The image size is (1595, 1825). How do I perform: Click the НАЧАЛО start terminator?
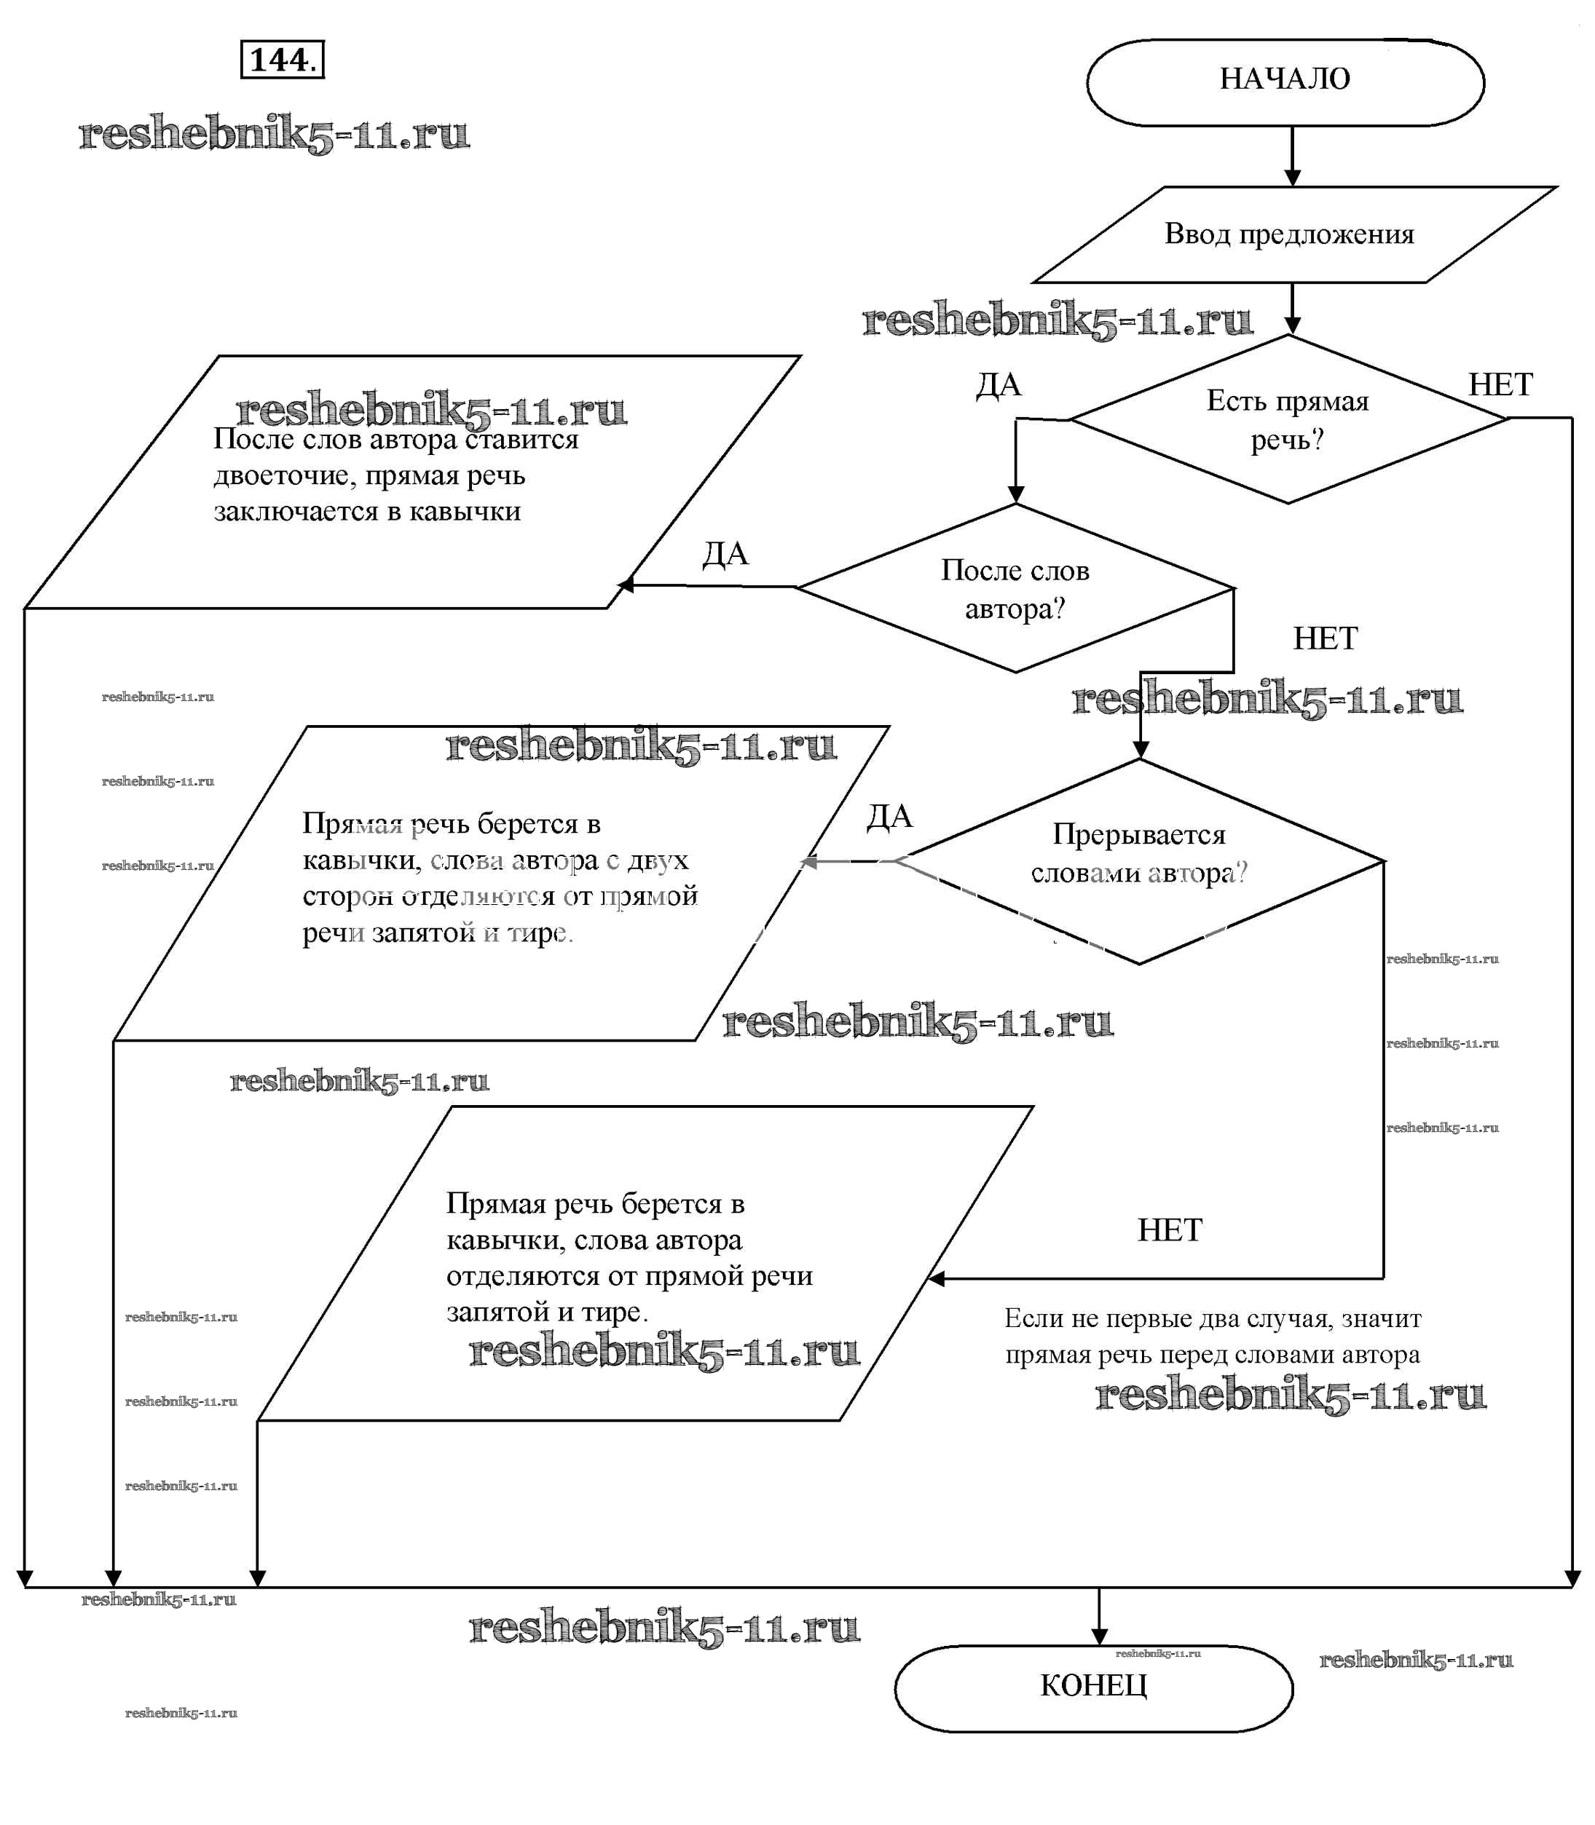click(1284, 81)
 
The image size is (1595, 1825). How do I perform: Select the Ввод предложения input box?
click(1289, 234)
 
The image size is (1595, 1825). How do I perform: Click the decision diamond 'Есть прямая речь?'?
click(1287, 420)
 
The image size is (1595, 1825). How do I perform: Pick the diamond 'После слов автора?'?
click(1015, 589)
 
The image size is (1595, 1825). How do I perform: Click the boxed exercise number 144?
click(282, 60)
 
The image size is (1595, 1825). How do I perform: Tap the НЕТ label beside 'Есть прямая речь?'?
click(1500, 384)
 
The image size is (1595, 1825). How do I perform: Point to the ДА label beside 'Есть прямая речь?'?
click(998, 385)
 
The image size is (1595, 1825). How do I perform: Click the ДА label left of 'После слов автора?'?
click(725, 553)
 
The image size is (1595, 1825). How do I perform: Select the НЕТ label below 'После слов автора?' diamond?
click(1324, 638)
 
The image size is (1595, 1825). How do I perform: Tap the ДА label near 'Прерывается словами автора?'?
click(889, 816)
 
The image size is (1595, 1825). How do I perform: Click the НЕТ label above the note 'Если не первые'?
click(1169, 1230)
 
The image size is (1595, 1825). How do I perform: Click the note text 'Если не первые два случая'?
click(1212, 1318)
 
